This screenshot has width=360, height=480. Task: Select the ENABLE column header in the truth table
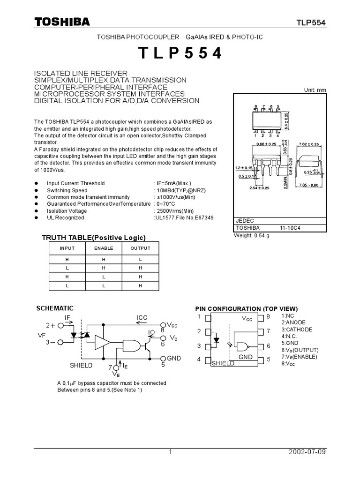tap(104, 248)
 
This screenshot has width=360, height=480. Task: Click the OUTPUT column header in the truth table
tap(140, 248)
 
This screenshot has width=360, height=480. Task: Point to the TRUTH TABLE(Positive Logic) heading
tap(94, 237)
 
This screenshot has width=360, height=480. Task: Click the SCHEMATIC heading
tap(55, 308)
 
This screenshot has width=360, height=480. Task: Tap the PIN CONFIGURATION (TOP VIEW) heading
tap(246, 308)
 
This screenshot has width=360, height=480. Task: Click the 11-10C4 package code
tap(291, 228)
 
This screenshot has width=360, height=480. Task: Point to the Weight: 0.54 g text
tap(253, 235)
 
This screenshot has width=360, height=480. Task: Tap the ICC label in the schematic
tap(142, 317)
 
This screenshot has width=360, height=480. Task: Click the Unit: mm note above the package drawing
tap(315, 90)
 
